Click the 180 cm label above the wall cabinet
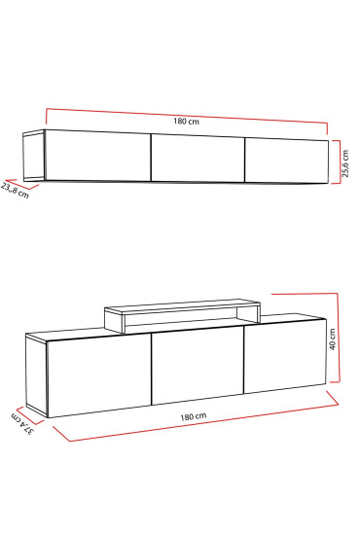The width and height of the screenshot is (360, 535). click(187, 121)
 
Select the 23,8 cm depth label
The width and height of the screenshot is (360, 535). click(16, 188)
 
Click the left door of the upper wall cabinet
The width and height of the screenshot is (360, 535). click(97, 156)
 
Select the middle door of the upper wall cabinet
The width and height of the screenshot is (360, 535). click(198, 158)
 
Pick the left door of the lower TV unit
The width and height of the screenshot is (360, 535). click(100, 376)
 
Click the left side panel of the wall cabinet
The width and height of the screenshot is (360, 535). click(32, 157)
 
